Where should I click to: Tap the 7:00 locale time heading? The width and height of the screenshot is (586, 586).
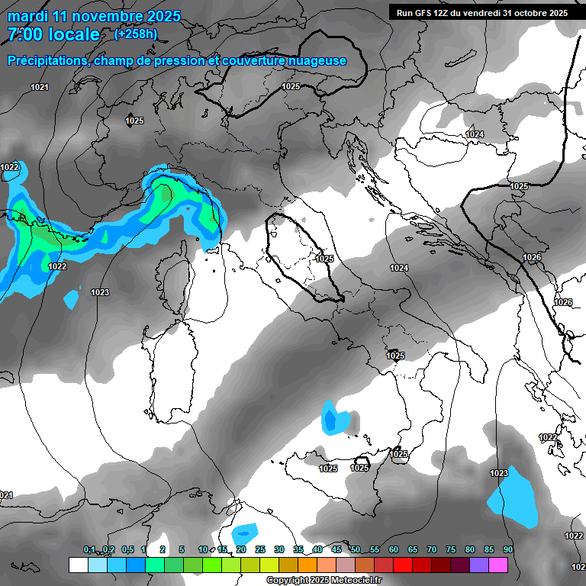53,34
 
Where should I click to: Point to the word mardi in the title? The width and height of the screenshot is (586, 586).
27,16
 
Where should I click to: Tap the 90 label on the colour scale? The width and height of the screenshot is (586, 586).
508,550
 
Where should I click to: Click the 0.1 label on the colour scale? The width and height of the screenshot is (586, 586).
89,550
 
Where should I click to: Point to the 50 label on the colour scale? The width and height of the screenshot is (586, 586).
356,550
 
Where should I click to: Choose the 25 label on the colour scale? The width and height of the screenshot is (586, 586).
260,550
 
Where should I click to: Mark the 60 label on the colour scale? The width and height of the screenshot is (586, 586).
394,550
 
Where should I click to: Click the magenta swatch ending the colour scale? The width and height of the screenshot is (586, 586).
498,565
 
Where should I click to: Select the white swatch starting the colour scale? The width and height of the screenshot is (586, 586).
78,565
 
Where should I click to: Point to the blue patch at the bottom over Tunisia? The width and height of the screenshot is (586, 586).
246,531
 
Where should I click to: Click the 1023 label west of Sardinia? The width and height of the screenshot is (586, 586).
100,292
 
